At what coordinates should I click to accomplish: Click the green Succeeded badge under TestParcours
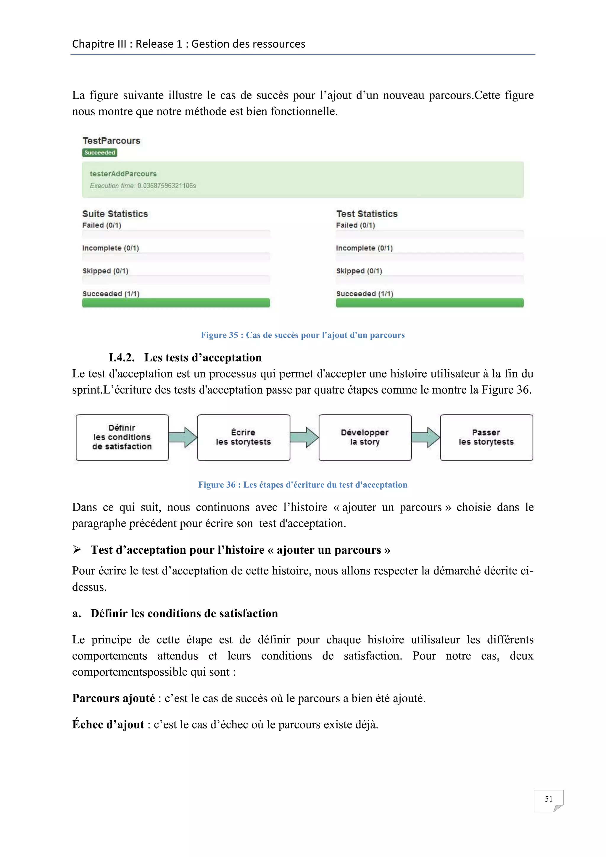100,153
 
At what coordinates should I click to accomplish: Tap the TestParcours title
111,141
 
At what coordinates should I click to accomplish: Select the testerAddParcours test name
123,174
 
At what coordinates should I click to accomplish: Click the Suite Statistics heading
115,214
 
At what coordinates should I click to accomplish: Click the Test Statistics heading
367,214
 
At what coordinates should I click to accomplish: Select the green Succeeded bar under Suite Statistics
176,303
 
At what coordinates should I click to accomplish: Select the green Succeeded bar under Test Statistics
430,303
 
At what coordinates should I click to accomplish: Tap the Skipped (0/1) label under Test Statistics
359,271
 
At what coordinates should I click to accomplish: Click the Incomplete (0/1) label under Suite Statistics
110,248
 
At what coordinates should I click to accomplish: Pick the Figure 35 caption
303,335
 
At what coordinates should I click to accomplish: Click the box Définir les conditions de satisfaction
122,437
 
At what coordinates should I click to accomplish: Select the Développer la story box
365,437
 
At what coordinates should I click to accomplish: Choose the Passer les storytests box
486,437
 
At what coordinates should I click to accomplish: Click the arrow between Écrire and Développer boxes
304,437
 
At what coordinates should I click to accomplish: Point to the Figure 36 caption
303,485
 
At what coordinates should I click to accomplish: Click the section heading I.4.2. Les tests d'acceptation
185,357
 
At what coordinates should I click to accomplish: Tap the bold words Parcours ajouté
113,698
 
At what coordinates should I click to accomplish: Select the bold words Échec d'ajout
108,724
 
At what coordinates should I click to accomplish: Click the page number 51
548,799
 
